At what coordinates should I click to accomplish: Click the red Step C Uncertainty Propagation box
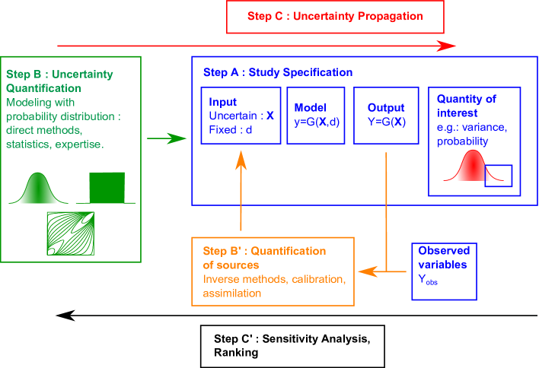coord(335,16)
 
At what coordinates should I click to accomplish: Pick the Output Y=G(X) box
coord(386,115)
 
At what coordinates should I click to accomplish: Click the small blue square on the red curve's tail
coord(499,176)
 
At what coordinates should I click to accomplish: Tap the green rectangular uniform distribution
coord(107,187)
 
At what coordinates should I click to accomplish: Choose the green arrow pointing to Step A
coord(167,138)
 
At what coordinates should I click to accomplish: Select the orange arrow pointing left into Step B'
coord(381,271)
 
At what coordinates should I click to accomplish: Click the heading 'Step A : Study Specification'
coord(278,73)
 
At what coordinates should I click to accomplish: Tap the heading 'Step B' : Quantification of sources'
coord(264,258)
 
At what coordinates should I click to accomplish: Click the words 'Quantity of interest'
coord(467,106)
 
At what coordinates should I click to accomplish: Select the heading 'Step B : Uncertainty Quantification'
coord(59,81)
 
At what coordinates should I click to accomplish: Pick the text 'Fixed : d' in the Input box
coord(230,130)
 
